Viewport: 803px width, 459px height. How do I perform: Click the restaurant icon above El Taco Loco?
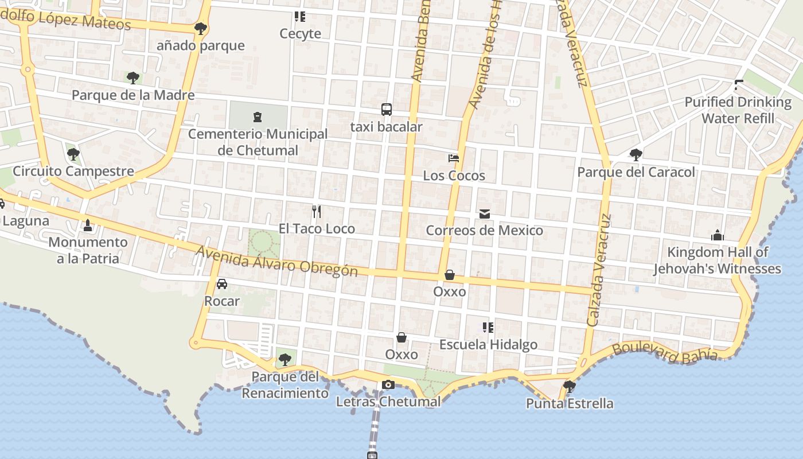click(x=316, y=212)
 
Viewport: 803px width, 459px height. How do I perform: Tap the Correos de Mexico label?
click(x=484, y=231)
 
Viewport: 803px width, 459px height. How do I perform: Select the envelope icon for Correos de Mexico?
click(x=485, y=214)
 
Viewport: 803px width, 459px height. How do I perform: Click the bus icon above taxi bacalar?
click(x=387, y=110)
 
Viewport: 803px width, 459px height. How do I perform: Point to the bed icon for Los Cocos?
click(x=454, y=158)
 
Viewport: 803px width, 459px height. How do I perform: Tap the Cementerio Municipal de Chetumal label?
click(x=258, y=142)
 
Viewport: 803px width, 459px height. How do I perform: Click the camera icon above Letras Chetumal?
click(x=388, y=384)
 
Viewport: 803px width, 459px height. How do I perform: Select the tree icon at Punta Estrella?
click(x=569, y=386)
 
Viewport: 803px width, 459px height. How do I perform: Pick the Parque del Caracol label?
click(x=636, y=172)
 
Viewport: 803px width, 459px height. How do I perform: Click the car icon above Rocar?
click(x=222, y=284)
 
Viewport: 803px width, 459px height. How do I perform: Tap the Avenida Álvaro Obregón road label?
click(x=277, y=261)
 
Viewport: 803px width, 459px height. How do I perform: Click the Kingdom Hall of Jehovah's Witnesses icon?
click(x=717, y=235)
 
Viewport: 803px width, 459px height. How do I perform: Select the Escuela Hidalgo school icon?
click(x=488, y=328)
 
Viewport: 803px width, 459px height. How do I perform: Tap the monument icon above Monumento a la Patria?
click(x=87, y=225)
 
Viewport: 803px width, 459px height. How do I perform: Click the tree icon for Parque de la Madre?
click(x=133, y=77)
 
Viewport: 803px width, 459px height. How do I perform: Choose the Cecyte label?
click(x=300, y=34)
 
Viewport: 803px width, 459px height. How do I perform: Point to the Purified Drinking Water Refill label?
click(x=738, y=110)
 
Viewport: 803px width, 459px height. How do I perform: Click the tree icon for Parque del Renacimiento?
click(x=284, y=360)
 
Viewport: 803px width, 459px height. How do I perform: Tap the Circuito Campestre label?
click(x=73, y=171)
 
